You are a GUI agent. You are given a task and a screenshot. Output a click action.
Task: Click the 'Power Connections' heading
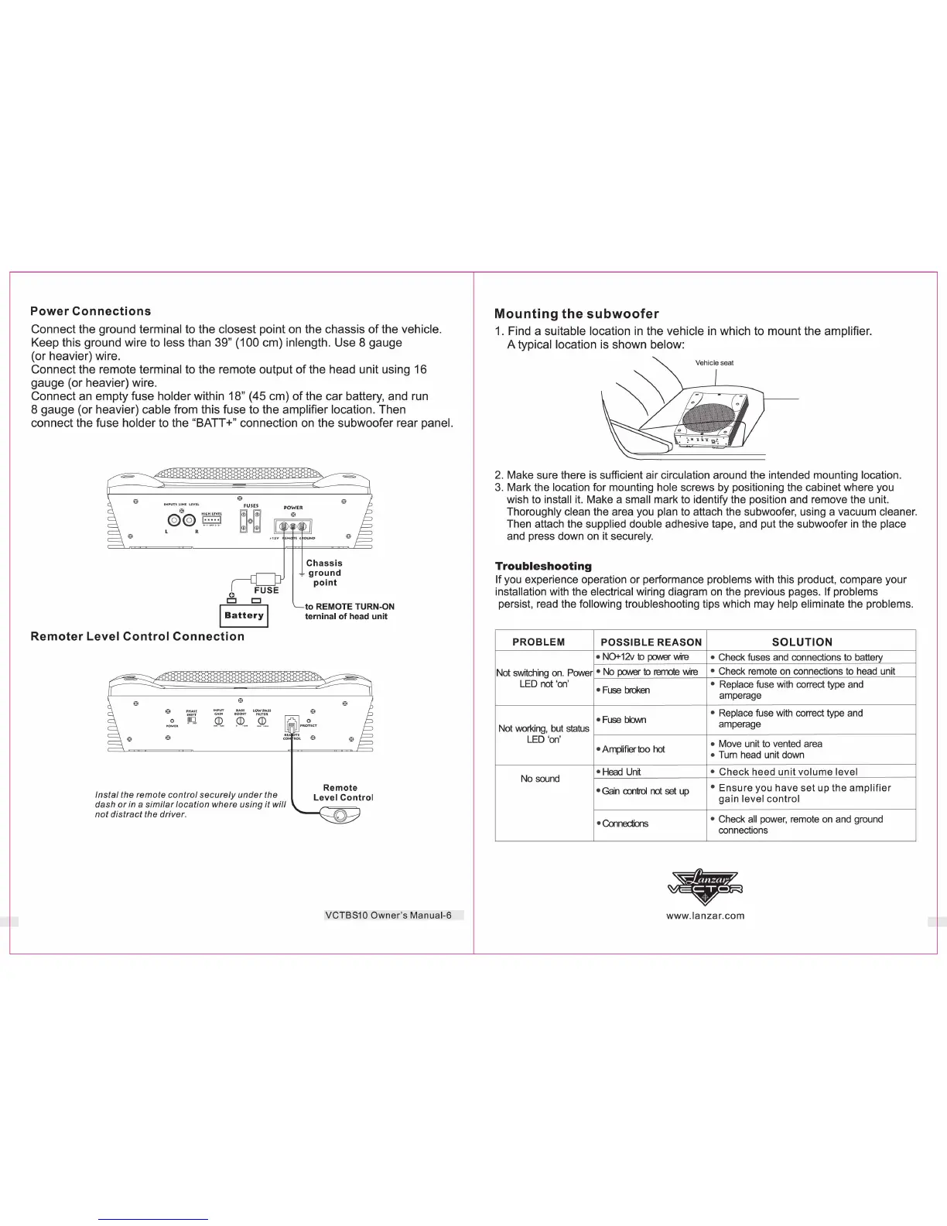[91, 311]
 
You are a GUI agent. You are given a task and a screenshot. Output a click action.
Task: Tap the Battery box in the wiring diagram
[244, 616]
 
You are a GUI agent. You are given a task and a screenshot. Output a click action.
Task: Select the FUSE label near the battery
[266, 590]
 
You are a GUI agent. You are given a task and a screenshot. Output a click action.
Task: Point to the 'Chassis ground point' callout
[324, 573]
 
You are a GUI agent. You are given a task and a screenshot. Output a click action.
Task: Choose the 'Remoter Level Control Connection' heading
[137, 636]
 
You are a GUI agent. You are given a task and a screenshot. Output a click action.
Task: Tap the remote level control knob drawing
[340, 815]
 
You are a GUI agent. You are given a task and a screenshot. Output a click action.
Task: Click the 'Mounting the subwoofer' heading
[576, 313]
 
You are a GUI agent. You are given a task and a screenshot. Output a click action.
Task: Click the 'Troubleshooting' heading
[543, 566]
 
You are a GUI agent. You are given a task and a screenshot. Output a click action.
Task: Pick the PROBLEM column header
[538, 642]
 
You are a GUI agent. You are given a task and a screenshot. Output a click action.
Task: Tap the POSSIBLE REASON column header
[651, 642]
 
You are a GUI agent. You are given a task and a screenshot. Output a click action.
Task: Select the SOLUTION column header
[802, 642]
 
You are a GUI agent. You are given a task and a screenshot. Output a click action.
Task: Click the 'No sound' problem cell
[540, 779]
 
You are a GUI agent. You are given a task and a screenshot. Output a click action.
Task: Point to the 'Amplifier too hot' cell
[633, 749]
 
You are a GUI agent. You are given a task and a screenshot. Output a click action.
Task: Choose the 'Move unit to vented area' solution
[770, 743]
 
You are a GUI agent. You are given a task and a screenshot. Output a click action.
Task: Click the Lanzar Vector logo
[705, 886]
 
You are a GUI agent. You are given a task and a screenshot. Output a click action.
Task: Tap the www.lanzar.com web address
[705, 916]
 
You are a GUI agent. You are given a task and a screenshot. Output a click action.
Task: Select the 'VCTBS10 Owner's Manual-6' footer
[388, 916]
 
